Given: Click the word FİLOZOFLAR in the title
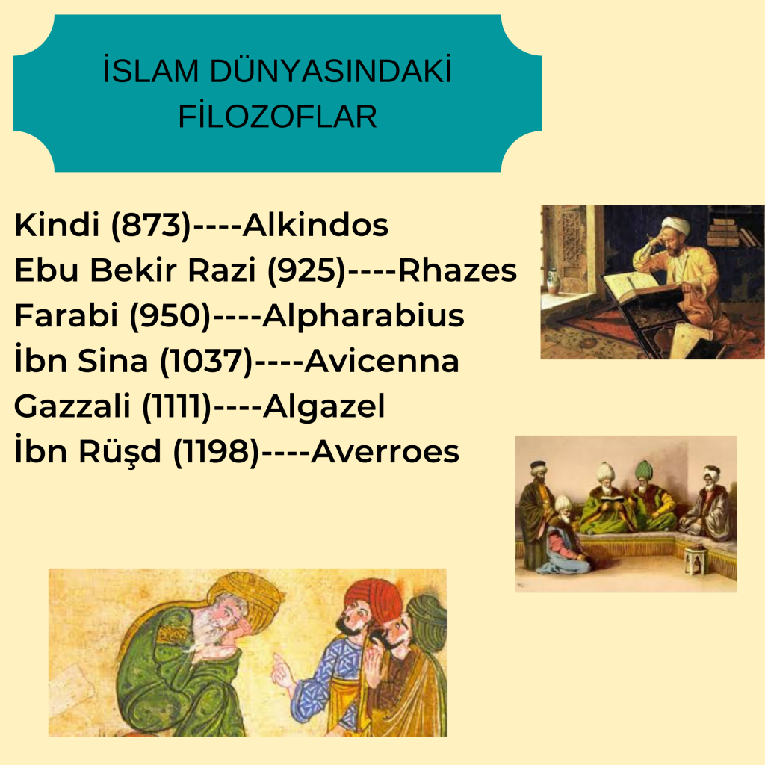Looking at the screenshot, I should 277,117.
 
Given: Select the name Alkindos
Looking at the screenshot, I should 316,225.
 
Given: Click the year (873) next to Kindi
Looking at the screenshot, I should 152,226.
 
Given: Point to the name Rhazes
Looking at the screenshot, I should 458,270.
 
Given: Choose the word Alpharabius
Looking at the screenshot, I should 362,316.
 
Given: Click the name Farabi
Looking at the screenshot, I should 66,316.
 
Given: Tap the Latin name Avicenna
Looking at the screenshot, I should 382,362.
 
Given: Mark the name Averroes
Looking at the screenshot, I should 384,452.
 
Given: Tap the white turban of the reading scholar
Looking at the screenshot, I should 675,225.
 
